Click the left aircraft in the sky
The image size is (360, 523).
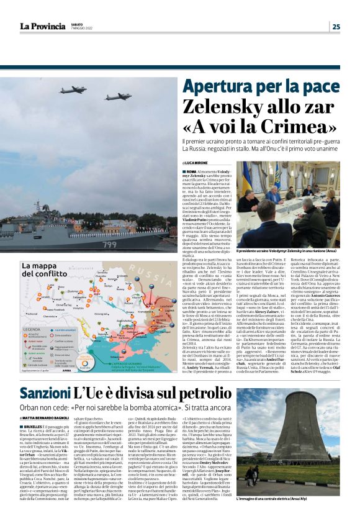(x=73, y=90)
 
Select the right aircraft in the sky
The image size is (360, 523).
(x=117, y=96)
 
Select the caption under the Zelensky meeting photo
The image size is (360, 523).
(x=286, y=251)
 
